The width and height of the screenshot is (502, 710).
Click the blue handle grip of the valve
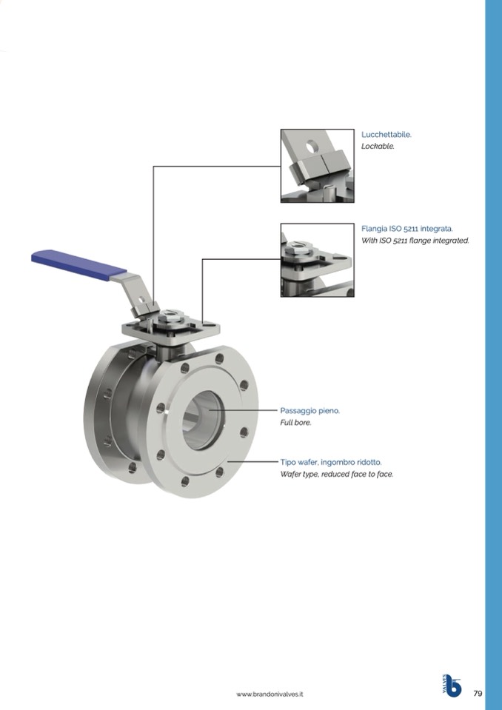click(x=78, y=265)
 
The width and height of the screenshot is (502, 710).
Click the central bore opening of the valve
click(x=204, y=421)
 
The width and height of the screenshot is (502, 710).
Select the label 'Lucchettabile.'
click(x=386, y=135)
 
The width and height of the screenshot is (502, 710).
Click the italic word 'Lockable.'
click(x=378, y=147)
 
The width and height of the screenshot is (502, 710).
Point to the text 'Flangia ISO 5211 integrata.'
click(x=407, y=229)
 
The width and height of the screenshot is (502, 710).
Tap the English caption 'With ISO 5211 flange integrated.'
click(x=415, y=241)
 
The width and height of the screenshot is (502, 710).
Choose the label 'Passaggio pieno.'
click(x=309, y=411)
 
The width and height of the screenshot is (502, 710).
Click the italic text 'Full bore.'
click(x=295, y=423)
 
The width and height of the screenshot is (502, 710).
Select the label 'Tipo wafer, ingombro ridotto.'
click(x=331, y=462)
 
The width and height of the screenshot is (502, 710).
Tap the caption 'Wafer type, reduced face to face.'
click(x=337, y=474)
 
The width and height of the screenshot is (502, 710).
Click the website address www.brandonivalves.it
click(x=270, y=694)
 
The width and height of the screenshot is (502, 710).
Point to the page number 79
click(x=478, y=693)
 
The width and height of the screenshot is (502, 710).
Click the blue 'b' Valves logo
click(x=452, y=686)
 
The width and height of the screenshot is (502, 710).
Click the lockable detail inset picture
click(x=318, y=166)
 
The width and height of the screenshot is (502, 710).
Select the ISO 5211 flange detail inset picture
click(x=318, y=260)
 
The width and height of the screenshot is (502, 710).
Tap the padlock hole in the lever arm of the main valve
click(x=141, y=299)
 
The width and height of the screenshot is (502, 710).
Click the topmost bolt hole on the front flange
click(x=220, y=359)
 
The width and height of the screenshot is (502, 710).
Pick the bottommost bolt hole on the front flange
click(x=184, y=481)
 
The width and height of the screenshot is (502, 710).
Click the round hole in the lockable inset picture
click(x=312, y=147)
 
